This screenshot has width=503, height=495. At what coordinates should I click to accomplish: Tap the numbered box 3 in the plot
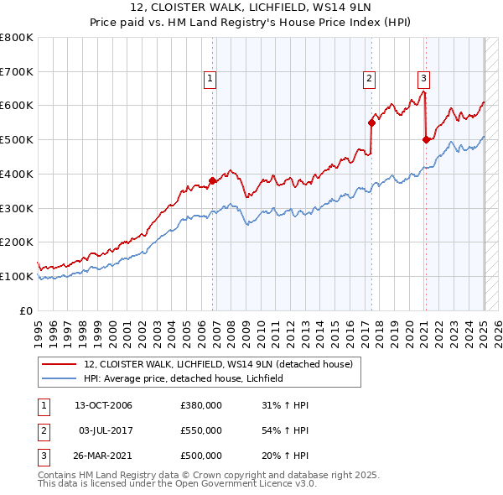point(424,79)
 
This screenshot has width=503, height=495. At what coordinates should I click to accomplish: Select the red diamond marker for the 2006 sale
point(212,180)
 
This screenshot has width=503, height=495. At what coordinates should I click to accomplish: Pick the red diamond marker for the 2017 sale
point(371,122)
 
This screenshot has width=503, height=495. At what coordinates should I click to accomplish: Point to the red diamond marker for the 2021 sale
point(426,139)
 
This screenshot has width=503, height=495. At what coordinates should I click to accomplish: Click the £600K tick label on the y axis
point(18,106)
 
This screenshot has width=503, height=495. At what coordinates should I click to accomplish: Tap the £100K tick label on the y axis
point(18,276)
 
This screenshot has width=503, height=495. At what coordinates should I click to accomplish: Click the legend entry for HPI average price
point(184,378)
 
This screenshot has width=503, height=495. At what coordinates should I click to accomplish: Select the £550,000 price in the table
point(201,430)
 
